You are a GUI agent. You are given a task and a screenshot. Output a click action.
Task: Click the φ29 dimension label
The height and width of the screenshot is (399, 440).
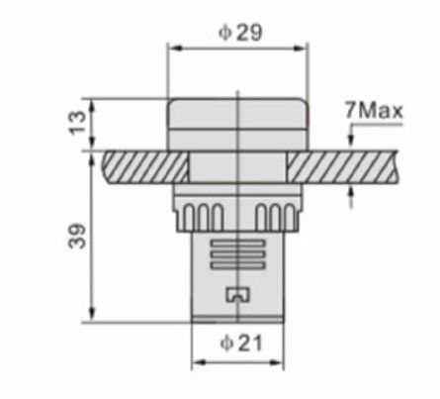238,32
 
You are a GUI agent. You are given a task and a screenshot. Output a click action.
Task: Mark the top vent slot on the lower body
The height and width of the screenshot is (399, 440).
238,248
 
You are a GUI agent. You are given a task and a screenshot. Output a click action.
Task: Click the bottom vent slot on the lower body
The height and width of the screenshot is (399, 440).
238,269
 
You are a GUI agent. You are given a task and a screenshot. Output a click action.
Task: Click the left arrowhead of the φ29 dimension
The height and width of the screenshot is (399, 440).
172,48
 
